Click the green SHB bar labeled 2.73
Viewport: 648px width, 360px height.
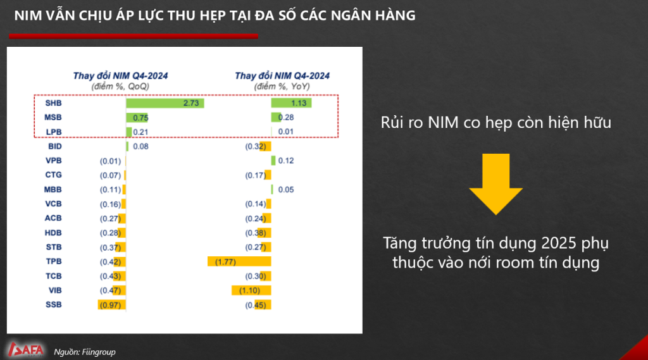(x=165, y=103)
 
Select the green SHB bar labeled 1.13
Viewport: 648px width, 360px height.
(x=291, y=103)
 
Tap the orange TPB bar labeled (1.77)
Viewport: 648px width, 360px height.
(x=239, y=262)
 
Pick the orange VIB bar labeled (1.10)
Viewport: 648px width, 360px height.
(x=251, y=290)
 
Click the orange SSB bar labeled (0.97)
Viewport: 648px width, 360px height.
(x=111, y=305)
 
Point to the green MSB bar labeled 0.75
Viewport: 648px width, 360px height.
(x=137, y=118)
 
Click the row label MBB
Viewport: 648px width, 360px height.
(x=53, y=190)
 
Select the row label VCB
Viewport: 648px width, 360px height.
(x=53, y=204)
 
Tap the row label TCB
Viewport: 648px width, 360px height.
(x=53, y=276)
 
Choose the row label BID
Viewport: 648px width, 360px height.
(x=55, y=146)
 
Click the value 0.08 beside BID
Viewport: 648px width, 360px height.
(x=140, y=146)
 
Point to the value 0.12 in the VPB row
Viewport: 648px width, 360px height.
(x=286, y=161)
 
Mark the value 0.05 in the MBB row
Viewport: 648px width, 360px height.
(x=286, y=190)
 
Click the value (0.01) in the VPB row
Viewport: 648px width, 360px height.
(x=110, y=161)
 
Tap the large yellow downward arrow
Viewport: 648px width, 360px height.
(x=495, y=184)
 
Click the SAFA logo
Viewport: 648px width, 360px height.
(x=25, y=350)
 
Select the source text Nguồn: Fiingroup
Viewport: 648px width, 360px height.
(x=85, y=352)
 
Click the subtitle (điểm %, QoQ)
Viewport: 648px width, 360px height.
(x=120, y=87)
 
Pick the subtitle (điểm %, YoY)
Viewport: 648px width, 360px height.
(x=282, y=87)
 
